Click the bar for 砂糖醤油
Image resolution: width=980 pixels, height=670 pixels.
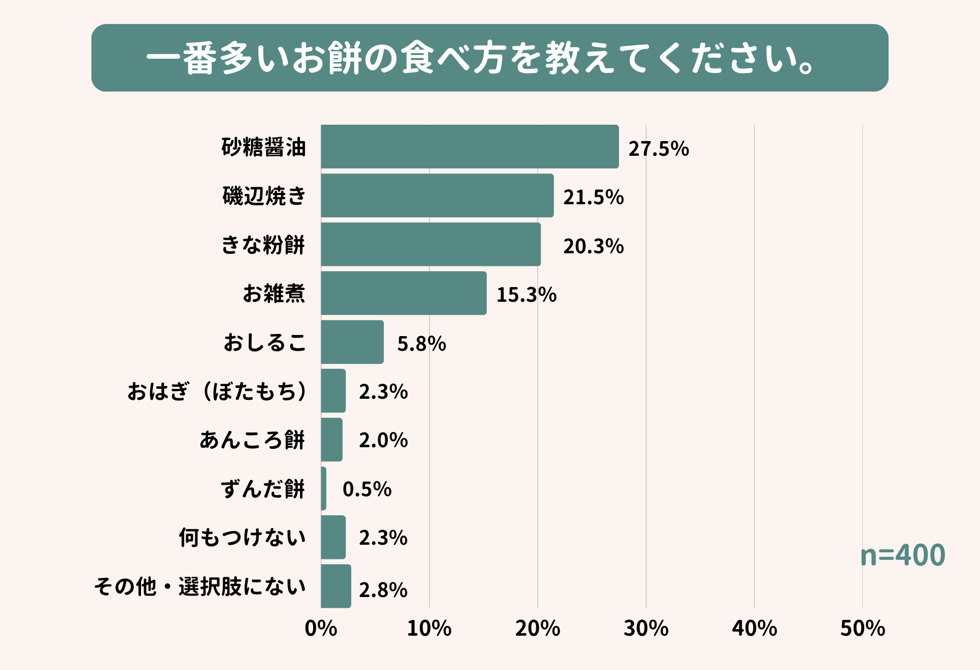pos(469,147)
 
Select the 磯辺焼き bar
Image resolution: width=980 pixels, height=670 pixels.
pos(437,196)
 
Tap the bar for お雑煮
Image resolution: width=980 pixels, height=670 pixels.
pos(403,293)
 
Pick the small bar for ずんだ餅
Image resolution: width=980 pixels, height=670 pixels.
pos(323,489)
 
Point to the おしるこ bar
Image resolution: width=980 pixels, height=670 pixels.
pos(352,342)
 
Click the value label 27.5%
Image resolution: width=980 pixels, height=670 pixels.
pos(658,149)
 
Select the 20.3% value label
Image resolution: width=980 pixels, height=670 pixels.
pos(593,246)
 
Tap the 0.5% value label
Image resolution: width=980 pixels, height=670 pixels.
pos(366,489)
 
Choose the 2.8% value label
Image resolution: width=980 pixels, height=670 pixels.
pos(383,590)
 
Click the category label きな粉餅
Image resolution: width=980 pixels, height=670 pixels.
pos(263,245)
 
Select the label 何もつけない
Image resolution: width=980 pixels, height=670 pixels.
pos(242,538)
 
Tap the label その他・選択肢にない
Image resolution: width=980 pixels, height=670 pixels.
pos(200,587)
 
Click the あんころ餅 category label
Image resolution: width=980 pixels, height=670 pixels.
pos(252,440)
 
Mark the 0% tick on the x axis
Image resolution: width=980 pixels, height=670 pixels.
pos(321,629)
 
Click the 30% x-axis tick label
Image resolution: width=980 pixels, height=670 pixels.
pos(646,629)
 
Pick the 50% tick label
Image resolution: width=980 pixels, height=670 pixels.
pos(862,629)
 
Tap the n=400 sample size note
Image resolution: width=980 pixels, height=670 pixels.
pos(902,555)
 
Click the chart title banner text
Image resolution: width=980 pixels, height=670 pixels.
pos(481,58)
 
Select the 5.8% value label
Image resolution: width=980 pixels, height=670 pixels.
pos(421,344)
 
